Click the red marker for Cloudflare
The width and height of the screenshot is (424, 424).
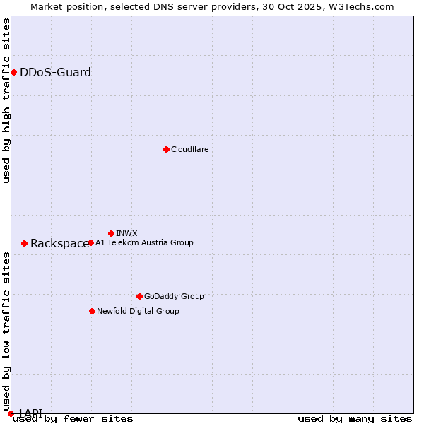click(x=166, y=149)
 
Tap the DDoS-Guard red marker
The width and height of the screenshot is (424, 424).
click(x=13, y=72)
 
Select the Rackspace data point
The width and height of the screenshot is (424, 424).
click(x=24, y=243)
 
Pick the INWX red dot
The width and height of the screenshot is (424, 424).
click(x=111, y=233)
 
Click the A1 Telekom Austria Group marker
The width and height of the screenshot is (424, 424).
click(x=90, y=242)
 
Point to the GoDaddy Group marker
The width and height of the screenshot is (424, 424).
click(x=139, y=296)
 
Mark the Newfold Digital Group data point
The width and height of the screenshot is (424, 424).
click(x=92, y=311)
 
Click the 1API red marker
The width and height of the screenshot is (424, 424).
click(x=10, y=413)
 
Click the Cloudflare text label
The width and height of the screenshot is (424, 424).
click(x=189, y=149)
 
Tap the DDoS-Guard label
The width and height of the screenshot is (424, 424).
click(x=55, y=72)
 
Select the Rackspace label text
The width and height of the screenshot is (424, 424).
click(x=59, y=244)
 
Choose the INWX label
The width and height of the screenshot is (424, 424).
click(x=126, y=233)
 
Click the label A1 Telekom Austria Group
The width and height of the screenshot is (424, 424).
click(x=144, y=242)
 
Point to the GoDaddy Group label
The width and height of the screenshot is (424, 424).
click(x=174, y=296)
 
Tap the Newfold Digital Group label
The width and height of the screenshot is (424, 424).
click(x=138, y=311)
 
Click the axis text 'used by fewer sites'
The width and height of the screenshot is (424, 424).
click(x=73, y=419)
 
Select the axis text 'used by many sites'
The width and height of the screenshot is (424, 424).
click(x=355, y=419)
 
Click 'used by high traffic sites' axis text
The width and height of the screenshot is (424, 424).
click(x=6, y=100)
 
